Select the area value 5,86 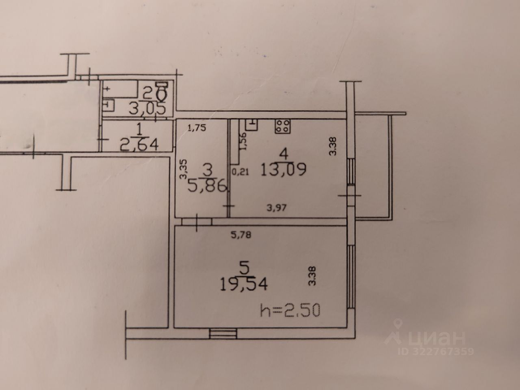pyautogui.click(x=206, y=186)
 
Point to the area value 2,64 pyautogui.click(x=139, y=144)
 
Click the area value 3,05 pyautogui.click(x=147, y=108)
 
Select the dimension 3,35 pyautogui.click(x=184, y=170)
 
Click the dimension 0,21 pyautogui.click(x=239, y=172)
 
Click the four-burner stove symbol pyautogui.click(x=283, y=126)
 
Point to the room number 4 pyautogui.click(x=284, y=154)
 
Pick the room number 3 pyautogui.click(x=208, y=169)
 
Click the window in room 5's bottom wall pyautogui.click(x=223, y=334)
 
